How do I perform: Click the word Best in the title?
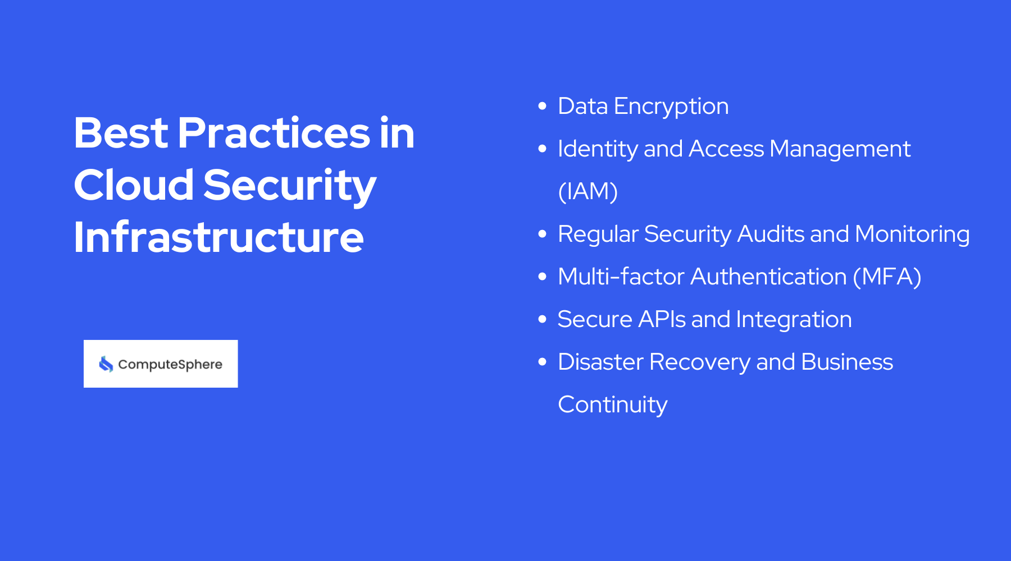[x=121, y=133]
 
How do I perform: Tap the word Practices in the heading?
[x=274, y=133]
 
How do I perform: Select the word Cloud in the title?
[x=134, y=185]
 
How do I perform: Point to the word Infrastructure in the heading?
[x=218, y=237]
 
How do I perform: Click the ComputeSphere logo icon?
[x=106, y=364]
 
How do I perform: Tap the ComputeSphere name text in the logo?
[x=170, y=365]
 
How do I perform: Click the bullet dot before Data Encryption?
[x=542, y=106]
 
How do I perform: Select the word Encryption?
[x=671, y=107]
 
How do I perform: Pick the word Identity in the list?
[x=598, y=149]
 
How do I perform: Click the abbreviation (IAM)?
[x=588, y=191]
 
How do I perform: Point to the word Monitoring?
[x=912, y=234]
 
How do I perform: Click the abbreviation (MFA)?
[x=887, y=277]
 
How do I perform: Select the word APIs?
[x=662, y=319]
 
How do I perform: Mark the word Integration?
[x=794, y=320]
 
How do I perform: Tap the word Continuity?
[x=612, y=405]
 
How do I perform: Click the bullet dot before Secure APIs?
[x=542, y=319]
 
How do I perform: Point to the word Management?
[x=840, y=149]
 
